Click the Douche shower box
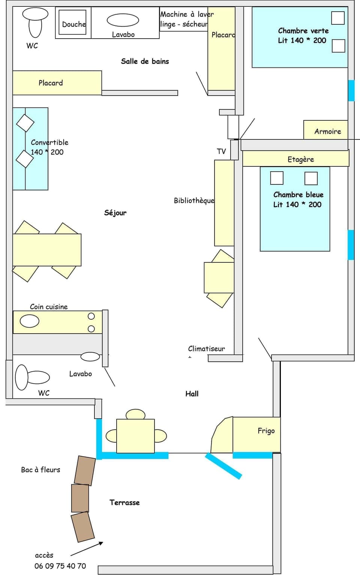coord(72,22)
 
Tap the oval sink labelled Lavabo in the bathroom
coord(123,20)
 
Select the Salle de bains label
coord(145,61)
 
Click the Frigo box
coord(256,435)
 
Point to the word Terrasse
coord(124,502)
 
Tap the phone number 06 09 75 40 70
coord(60,566)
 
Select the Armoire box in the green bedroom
coord(325,130)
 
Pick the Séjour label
coord(115,213)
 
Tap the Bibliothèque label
coord(194,200)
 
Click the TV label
coord(221,151)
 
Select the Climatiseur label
coord(206,348)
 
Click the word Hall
coord(192,393)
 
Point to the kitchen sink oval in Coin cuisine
coord(29,321)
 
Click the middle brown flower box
coord(80,498)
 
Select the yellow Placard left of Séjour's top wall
coord(57,83)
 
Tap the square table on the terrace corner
coord(135,436)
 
